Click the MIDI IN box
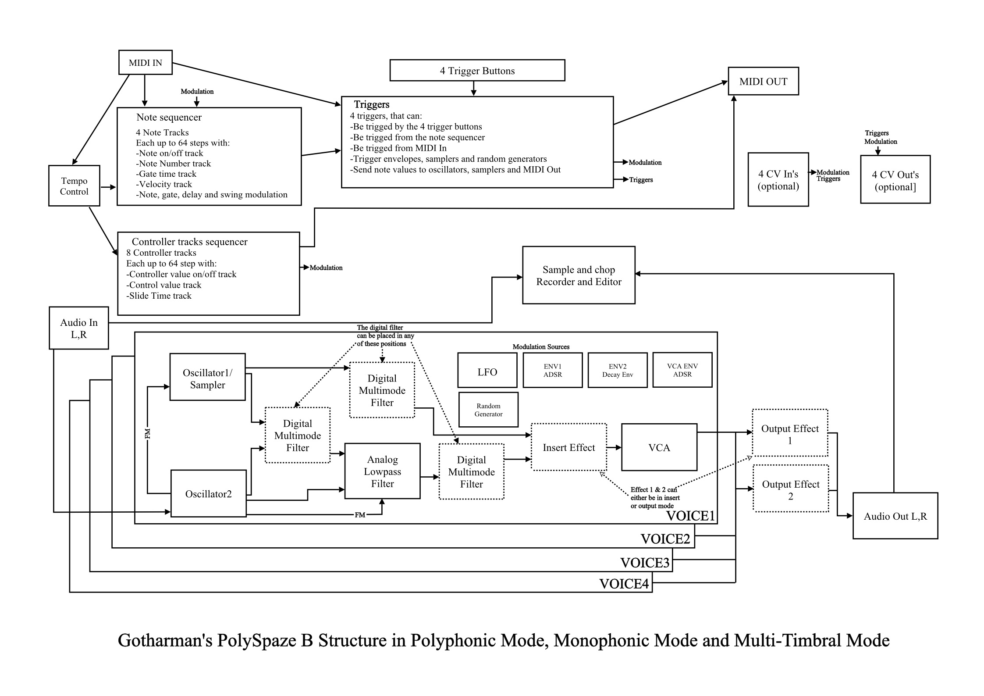146,62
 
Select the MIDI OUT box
763,81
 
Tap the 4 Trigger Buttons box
477,71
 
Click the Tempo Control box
74,186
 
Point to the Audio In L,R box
79,328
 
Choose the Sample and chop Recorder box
579,275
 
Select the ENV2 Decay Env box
618,370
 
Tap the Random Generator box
488,410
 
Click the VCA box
659,447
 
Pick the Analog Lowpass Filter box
382,471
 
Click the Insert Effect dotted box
569,447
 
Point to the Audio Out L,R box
895,516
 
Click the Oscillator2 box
208,493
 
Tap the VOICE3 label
645,562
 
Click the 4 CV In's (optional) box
778,179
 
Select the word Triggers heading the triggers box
372,104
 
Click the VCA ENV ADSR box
682,370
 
